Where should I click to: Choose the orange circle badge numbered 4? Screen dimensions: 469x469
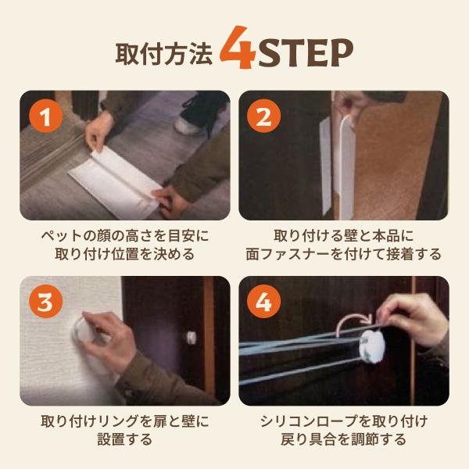point(263,303)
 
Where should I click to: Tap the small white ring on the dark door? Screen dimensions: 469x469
point(190,338)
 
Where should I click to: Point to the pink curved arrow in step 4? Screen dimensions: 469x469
point(352,319)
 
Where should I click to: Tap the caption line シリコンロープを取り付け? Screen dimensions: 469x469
point(345,421)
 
